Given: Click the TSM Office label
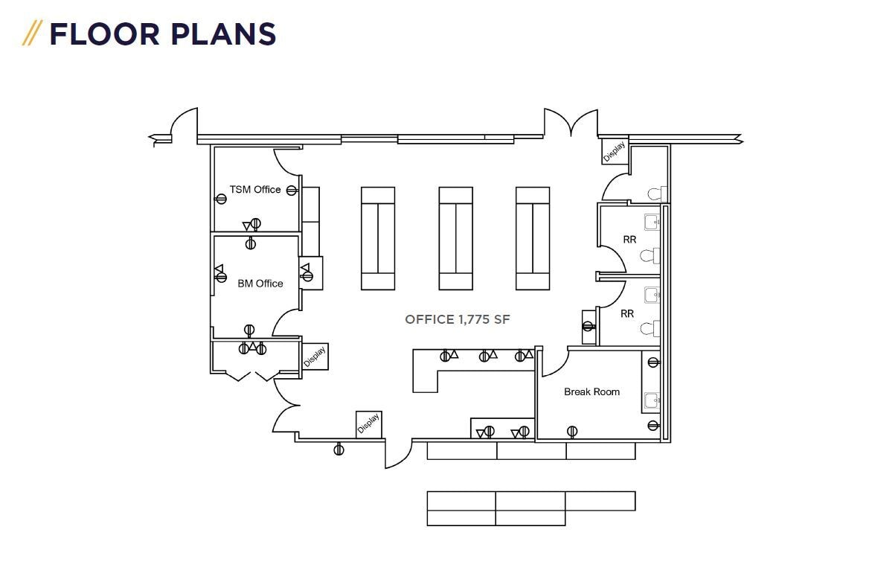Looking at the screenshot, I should pos(255,190).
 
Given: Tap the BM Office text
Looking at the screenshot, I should pos(260,284).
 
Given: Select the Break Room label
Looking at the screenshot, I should pos(591,391).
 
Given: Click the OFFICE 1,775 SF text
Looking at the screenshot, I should pos(458,319).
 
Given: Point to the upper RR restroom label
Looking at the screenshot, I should pos(629,240).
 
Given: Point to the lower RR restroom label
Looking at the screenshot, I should pos(627,313).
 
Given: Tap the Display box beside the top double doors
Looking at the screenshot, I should pos(614,151).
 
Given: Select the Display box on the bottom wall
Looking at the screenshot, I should pos(368,423).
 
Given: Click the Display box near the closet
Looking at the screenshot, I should pos(315,356).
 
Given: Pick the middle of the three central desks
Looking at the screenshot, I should pos(455,238).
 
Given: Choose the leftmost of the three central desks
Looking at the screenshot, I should pos(378,238).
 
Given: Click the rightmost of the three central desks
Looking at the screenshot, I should pos(533,238).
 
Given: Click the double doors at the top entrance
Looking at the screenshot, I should pos(571,123).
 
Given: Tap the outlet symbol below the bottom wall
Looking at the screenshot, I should pos(339,450).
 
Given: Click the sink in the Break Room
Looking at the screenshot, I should pos(652,401).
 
